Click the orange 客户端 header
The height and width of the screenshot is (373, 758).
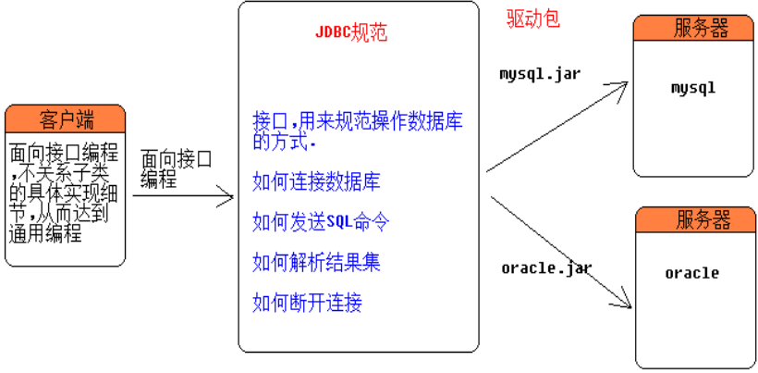coord(66,119)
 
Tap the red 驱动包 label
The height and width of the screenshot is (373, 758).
coord(533,19)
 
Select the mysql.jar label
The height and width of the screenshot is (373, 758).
coord(540,73)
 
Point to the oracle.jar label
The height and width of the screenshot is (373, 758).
coord(546,268)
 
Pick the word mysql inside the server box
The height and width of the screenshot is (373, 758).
coord(693,89)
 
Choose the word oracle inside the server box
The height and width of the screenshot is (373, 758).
coord(692,273)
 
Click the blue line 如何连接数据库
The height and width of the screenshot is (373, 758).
coord(316,182)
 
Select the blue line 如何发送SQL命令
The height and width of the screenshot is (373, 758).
coord(321,222)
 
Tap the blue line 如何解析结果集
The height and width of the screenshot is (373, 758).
coord(316,262)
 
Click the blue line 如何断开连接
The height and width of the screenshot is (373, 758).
coord(307,302)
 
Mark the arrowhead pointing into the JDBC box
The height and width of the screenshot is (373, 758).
coord(229,195)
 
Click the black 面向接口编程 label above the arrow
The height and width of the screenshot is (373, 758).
coord(177,168)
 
